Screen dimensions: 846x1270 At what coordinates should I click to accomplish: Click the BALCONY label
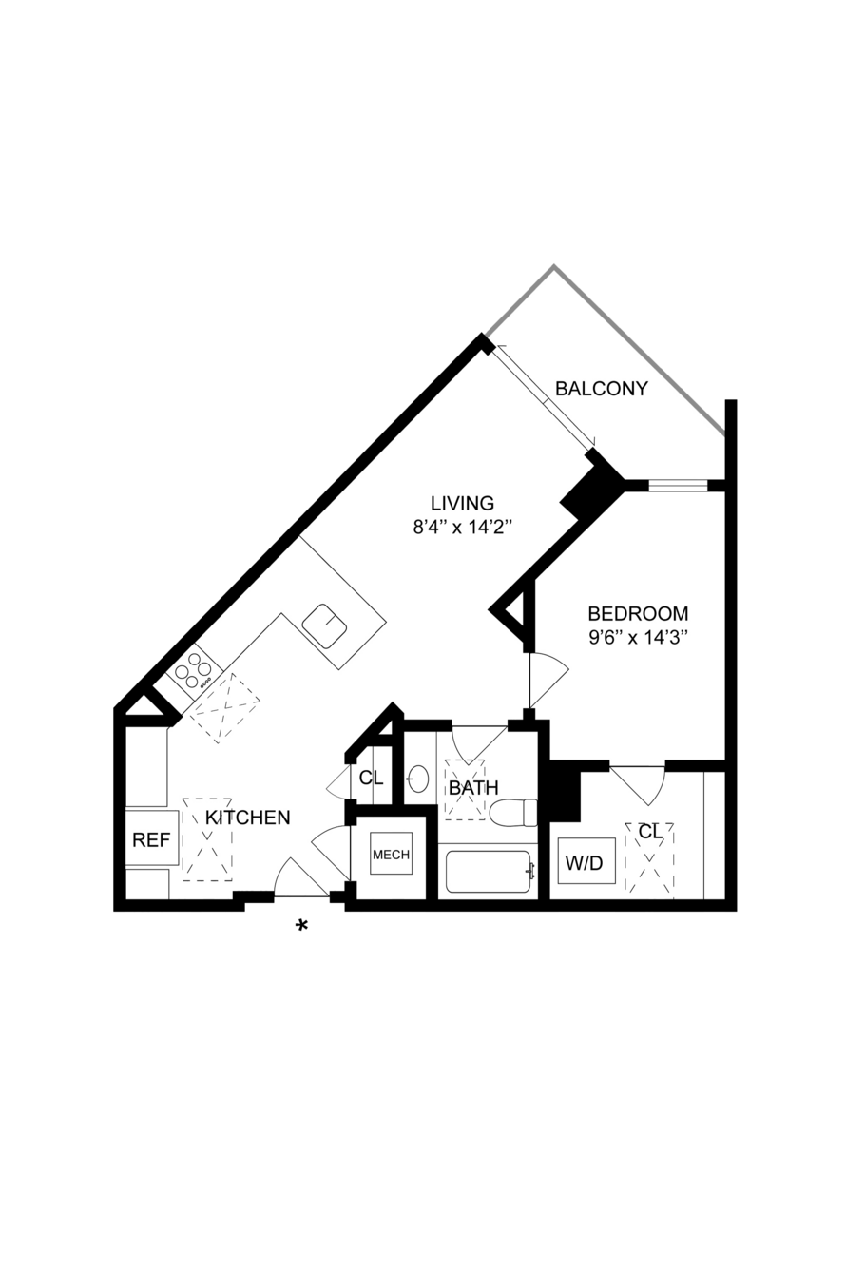coord(601,389)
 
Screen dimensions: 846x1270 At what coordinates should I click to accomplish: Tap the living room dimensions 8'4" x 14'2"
coord(463,528)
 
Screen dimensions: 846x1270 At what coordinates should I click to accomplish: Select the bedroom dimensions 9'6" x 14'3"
coord(639,638)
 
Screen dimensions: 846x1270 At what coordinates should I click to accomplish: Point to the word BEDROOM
coord(639,613)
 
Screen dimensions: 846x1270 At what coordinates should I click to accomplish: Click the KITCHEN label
coord(248,818)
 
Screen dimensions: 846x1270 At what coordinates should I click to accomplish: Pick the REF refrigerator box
coord(152,838)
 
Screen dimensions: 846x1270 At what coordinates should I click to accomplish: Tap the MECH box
coord(392,855)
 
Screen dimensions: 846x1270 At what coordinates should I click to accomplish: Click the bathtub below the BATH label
coord(489,872)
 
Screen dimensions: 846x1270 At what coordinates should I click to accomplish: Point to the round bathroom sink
coord(418,779)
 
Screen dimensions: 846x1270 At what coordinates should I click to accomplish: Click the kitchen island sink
coord(325,625)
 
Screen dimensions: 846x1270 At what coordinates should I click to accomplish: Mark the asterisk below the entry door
coord(301,926)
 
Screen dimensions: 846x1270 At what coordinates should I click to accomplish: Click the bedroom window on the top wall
coord(678,486)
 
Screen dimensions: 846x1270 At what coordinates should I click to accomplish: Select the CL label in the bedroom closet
coord(650,832)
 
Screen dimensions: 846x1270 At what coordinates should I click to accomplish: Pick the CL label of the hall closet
coord(372,778)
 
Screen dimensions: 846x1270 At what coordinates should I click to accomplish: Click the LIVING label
coord(463,503)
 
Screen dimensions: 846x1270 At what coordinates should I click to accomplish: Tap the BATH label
coord(473,787)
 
